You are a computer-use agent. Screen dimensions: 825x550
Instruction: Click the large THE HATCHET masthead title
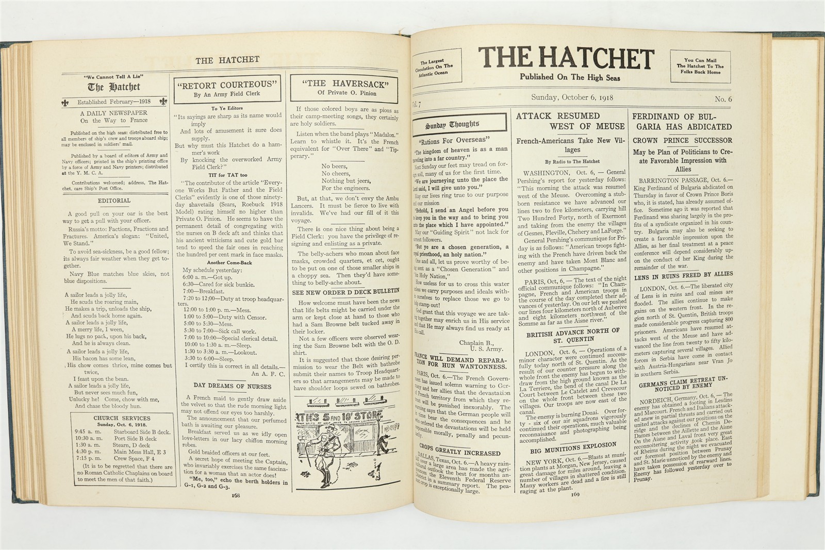coord(565,59)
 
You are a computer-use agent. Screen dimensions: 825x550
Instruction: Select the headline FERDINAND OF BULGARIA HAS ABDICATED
coord(682,122)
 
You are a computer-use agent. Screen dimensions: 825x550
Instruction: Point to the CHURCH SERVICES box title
coord(122,418)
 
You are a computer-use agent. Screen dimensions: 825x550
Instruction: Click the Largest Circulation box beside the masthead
coord(436,66)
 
